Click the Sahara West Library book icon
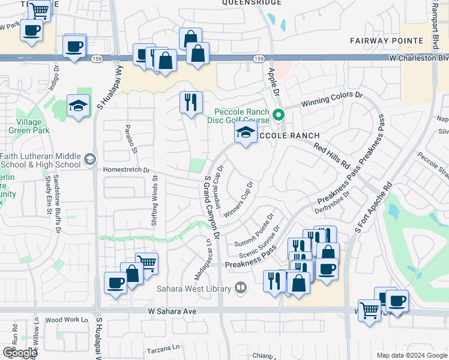pyautogui.click(x=241, y=289)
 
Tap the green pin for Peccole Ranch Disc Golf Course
pyautogui.click(x=279, y=115)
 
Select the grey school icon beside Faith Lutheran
pyautogui.click(x=89, y=159)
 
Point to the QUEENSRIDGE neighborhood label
pyautogui.click(x=252, y=3)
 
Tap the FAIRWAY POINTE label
pyautogui.click(x=387, y=40)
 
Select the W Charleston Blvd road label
pyautogui.click(x=418, y=58)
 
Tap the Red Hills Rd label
pyautogui.click(x=331, y=155)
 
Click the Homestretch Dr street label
pyautogui.click(x=126, y=170)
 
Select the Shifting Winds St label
pyautogui.click(x=155, y=201)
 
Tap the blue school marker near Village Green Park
pyautogui.click(x=78, y=106)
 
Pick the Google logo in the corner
pyautogui.click(x=20, y=353)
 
